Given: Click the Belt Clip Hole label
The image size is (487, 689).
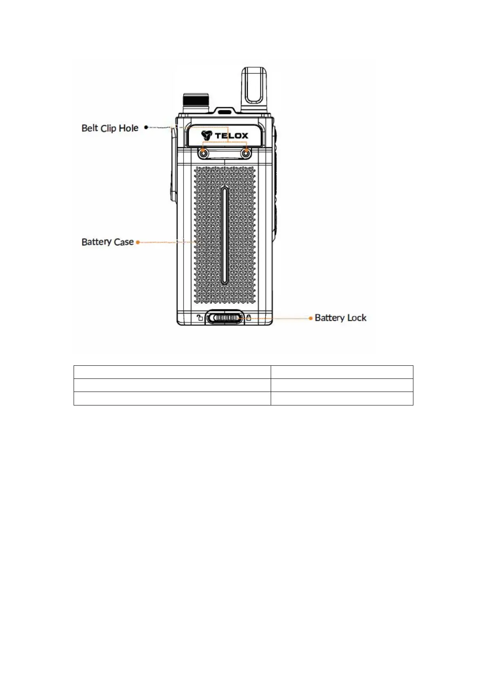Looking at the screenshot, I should point(110,128).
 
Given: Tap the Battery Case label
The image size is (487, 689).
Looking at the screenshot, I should point(108,242).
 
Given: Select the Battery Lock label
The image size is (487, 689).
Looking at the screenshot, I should point(341,318).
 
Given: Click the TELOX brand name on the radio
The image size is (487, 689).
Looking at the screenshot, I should point(231,136).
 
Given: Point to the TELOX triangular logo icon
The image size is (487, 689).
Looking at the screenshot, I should point(207,135).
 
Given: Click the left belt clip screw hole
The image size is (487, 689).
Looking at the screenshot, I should point(203,153).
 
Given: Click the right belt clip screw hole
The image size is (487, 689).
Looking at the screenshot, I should point(246,153).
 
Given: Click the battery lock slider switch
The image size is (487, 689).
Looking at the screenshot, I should point(224,318).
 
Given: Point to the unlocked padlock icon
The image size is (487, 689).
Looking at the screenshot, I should point(200,318).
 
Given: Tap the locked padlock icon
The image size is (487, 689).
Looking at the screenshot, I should point(249,318).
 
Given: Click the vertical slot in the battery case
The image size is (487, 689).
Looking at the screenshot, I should point(224,236).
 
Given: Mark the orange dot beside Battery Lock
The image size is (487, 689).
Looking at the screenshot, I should point(311,318).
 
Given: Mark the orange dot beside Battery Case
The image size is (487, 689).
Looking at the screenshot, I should point(138,242).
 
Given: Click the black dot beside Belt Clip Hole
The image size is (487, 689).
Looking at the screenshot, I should point(146,128).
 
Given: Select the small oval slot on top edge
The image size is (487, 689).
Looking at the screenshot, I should point(224,111).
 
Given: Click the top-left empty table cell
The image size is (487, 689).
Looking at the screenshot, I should point(172,372).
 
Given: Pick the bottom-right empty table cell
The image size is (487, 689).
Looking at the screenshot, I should point(342,399).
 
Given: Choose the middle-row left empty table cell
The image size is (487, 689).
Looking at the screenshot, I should point(172,385).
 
